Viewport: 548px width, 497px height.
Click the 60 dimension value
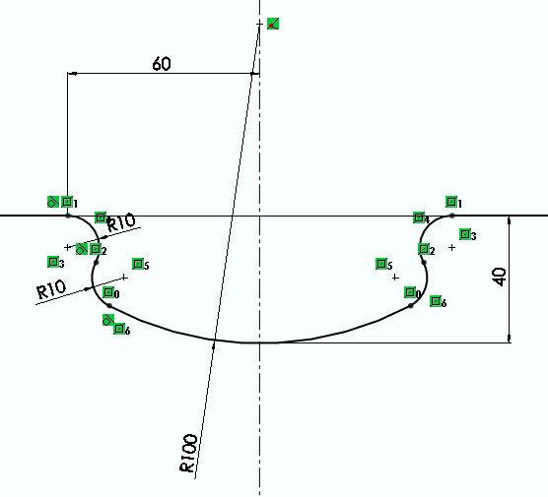click(x=162, y=64)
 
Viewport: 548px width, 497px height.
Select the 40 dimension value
click(x=500, y=277)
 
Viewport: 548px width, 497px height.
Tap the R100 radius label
click(x=188, y=453)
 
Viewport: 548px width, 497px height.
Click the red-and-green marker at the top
click(x=273, y=24)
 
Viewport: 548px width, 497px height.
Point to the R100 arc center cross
click(x=259, y=24)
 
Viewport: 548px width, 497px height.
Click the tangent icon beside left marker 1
click(x=53, y=202)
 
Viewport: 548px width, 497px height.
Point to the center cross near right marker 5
click(x=395, y=278)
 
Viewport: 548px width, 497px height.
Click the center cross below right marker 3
click(x=451, y=247)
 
